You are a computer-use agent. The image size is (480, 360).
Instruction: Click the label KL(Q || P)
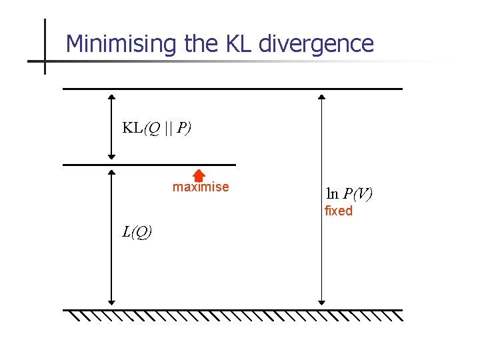[157, 128]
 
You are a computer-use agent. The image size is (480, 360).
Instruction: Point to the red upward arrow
[198, 175]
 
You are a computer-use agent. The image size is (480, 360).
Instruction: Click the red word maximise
[201, 187]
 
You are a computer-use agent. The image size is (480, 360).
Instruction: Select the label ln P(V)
[349, 194]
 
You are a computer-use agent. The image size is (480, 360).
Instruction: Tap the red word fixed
[338, 211]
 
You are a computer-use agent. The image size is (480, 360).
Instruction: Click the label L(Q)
[137, 232]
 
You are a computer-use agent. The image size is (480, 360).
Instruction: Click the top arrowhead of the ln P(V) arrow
[321, 97]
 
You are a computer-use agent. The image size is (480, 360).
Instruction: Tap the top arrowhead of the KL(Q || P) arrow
[112, 97]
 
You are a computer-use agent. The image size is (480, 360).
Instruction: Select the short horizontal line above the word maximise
[149, 165]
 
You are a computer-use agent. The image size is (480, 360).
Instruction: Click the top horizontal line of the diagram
[233, 89]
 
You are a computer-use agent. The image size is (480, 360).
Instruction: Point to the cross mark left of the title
[45, 61]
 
